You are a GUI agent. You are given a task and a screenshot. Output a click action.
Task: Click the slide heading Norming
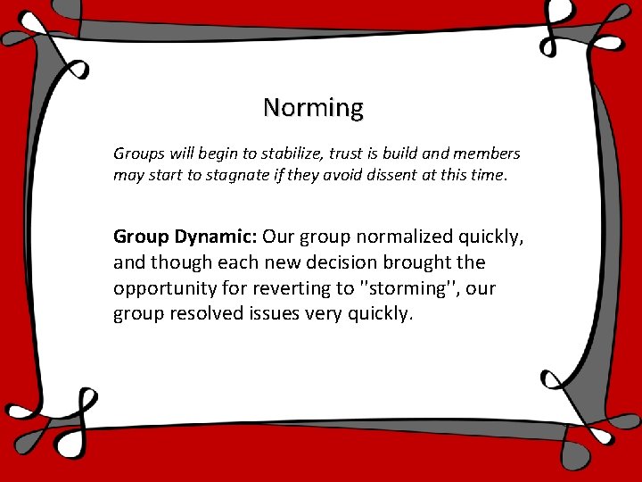coord(313,108)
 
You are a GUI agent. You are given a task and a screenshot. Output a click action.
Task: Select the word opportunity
coord(160,289)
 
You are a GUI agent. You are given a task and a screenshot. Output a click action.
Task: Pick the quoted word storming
coord(405,289)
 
